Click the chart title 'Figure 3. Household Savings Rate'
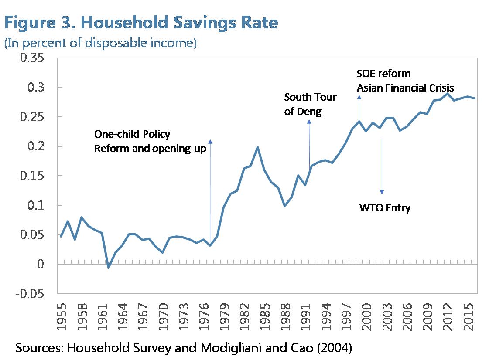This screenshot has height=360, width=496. pos(141,23)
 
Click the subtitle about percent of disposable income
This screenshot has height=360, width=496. pos(100,43)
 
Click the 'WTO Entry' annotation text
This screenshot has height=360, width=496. pos(385,208)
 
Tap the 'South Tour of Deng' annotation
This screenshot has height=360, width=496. pos(310,104)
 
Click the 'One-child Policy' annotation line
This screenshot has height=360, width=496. pos(133,134)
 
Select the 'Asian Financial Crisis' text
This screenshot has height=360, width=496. pos(405,88)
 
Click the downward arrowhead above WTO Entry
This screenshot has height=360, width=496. pos(382,192)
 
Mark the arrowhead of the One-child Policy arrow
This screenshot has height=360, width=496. pos(210,141)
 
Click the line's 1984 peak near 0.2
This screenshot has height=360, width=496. pos(257,147)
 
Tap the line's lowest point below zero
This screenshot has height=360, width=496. pos(108,267)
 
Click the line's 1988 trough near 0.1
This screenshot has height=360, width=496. pos(284,205)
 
